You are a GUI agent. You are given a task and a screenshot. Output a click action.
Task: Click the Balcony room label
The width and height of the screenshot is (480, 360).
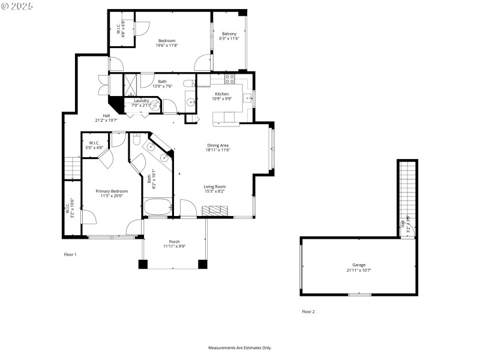(x=229, y=34)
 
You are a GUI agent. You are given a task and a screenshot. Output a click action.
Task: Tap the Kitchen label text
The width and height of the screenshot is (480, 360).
(x=221, y=94)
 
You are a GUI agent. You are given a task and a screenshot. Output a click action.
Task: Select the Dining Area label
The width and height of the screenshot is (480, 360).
(x=218, y=145)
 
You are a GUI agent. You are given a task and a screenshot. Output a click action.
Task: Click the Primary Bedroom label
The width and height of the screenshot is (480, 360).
(x=112, y=191)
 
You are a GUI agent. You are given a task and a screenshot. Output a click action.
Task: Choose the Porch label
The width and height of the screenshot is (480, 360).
(x=175, y=242)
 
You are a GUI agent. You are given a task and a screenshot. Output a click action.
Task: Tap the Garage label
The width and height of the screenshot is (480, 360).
(x=359, y=265)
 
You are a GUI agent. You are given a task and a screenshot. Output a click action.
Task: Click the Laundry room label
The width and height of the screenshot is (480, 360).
(x=142, y=101)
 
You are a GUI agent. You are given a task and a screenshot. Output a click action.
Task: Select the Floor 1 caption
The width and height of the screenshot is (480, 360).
(x=71, y=254)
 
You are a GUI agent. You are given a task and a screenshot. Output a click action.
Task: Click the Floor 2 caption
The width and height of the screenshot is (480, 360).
(x=308, y=311)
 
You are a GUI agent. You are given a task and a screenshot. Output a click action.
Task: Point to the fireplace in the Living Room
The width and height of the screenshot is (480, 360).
(x=214, y=211)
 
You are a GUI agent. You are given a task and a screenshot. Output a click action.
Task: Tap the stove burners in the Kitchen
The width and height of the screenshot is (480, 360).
(x=230, y=79)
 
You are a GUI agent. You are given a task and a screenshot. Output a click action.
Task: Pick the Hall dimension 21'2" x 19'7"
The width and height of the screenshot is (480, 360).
(x=107, y=120)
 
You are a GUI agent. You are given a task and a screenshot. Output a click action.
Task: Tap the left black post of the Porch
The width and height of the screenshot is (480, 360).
(x=143, y=264)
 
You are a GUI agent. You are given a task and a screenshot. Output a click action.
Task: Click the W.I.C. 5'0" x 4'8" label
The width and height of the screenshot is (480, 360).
(x=94, y=145)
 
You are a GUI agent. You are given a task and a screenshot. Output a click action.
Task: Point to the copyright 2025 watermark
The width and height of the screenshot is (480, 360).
(x=17, y=5)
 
